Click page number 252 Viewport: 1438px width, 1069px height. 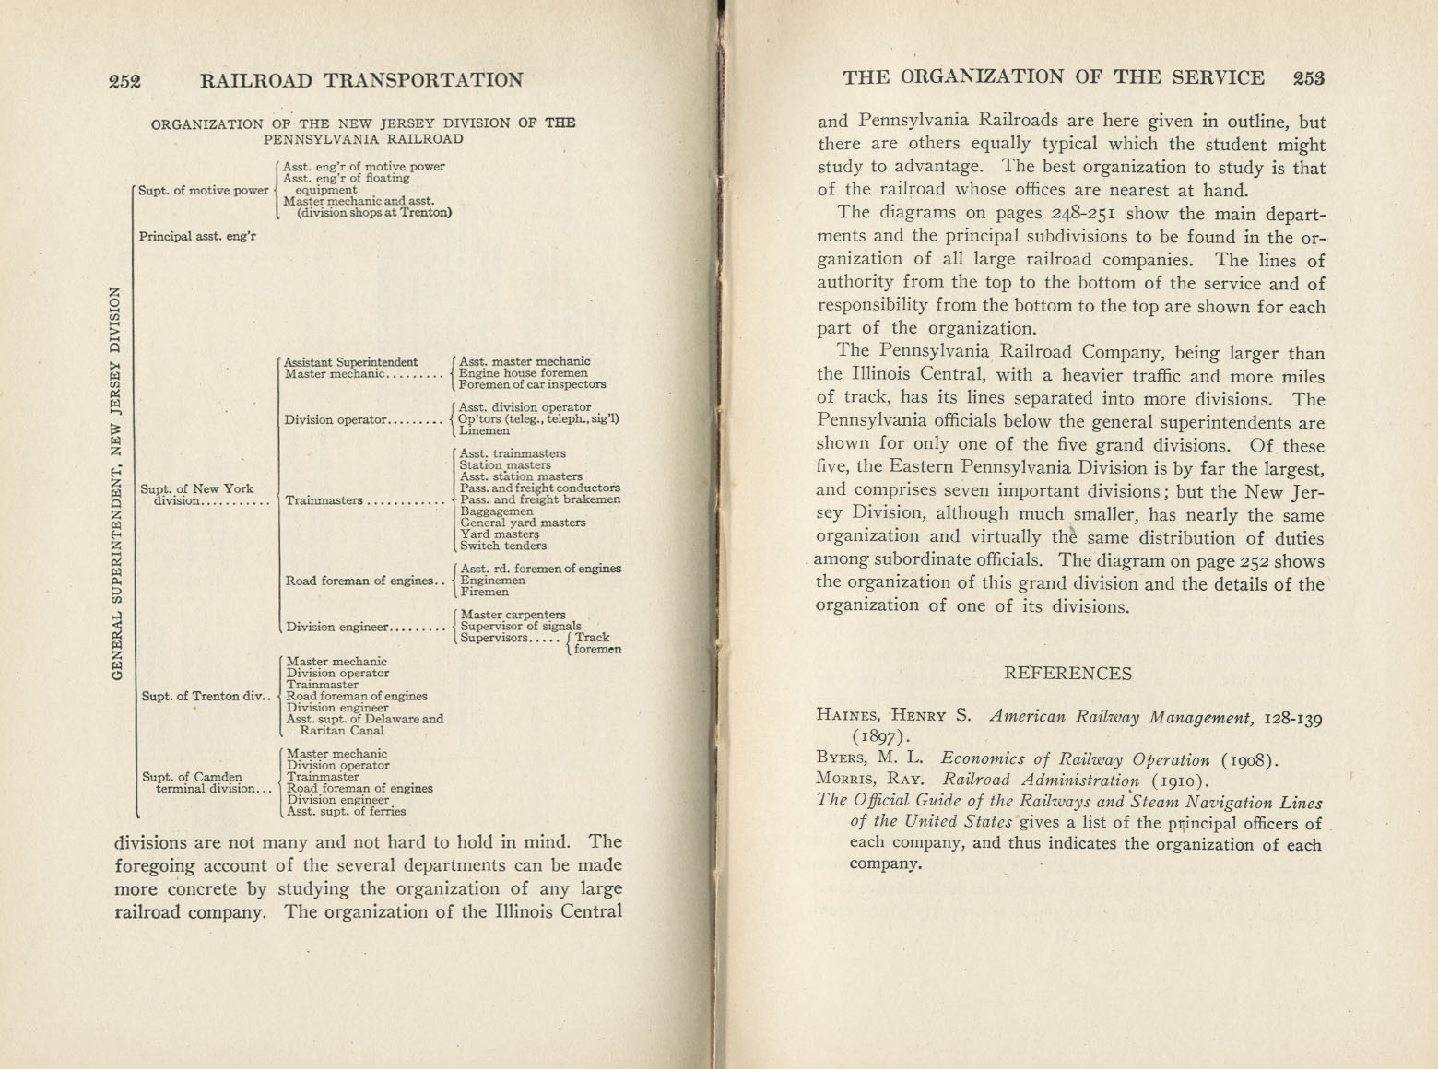[x=124, y=81]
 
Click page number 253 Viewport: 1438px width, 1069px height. [x=1308, y=78]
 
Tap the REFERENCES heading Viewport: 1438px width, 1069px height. [x=1067, y=674]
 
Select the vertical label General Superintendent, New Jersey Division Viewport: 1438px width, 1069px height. [x=116, y=483]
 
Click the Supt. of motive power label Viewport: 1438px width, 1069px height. [x=203, y=191]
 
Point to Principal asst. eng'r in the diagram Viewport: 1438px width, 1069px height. [x=197, y=236]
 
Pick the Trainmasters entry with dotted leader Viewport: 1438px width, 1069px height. [x=324, y=500]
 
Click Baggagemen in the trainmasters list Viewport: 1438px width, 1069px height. [x=496, y=511]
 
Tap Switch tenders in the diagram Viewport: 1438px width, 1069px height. [x=502, y=546]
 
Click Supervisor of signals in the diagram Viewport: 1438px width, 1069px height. [x=521, y=626]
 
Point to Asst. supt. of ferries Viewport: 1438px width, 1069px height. [x=346, y=812]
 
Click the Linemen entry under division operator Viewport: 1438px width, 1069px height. [x=484, y=430]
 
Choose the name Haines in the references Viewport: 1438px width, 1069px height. [x=847, y=714]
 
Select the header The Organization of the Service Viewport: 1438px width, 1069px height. [x=1053, y=78]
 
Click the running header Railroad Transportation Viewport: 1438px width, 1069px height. [x=361, y=81]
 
